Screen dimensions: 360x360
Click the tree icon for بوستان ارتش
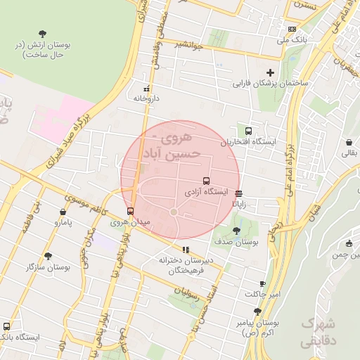click(44, 33)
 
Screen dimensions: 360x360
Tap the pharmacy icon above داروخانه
click(147, 89)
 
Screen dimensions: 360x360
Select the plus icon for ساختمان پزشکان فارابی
click(270, 72)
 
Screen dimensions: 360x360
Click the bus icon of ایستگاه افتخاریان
click(248, 131)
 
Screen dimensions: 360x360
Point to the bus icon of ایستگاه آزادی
click(206, 181)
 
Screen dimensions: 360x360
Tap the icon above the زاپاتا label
click(239, 193)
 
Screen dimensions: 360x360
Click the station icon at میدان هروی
click(130, 211)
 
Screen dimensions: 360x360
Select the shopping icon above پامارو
click(63, 212)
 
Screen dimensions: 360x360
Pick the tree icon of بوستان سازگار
click(48, 257)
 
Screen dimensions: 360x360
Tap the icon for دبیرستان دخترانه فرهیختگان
click(186, 250)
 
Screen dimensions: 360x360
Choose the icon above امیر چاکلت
click(262, 283)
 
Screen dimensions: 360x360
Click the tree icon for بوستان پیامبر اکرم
click(257, 311)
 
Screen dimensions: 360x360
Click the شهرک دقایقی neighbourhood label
click(318, 333)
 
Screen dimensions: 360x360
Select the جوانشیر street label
click(189, 48)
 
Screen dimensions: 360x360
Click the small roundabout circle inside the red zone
click(174, 212)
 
